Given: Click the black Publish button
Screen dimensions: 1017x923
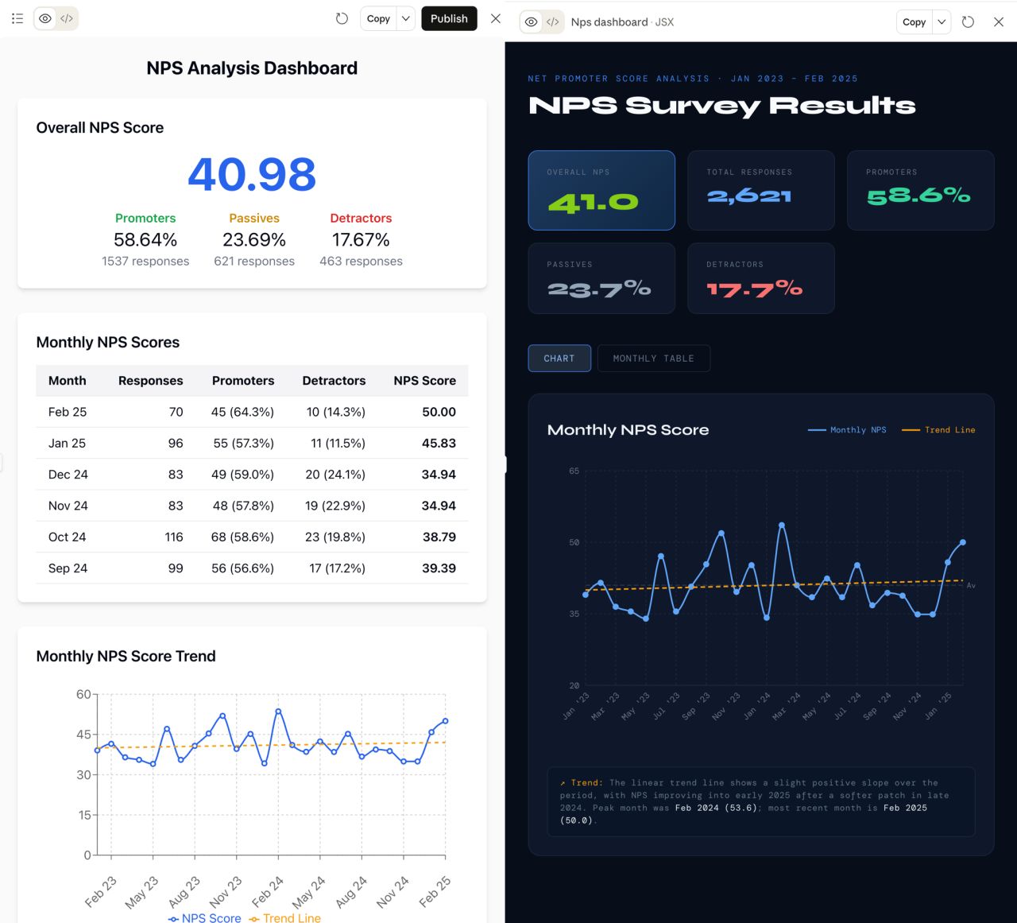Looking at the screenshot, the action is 449,19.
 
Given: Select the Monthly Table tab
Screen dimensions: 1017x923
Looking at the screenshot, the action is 653,359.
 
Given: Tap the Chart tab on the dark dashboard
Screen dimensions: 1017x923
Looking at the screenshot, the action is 559,359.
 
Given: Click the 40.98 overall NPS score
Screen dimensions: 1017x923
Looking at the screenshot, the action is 252,174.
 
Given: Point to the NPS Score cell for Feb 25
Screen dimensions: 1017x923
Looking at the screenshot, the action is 439,412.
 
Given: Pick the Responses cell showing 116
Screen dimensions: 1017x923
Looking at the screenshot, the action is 174,537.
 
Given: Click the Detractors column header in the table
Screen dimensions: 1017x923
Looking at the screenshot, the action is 334,381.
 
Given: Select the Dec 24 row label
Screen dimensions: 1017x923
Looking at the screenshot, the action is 68,475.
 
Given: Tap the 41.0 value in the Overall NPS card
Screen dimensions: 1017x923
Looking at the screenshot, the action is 594,203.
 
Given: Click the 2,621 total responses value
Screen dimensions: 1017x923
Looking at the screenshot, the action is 748,196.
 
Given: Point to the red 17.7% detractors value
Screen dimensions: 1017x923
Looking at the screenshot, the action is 754,289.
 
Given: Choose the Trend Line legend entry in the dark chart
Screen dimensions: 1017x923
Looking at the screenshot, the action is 938,430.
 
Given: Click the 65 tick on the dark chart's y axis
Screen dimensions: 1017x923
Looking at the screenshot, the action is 574,471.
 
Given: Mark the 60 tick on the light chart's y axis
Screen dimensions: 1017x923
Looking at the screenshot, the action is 83,694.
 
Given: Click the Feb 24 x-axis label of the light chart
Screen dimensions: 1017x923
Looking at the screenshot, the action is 268,892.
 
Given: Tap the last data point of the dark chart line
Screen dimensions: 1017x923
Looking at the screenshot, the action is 963,542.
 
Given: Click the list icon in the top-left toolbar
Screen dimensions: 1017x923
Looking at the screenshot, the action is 17,19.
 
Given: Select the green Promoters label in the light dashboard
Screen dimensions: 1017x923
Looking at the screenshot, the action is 145,218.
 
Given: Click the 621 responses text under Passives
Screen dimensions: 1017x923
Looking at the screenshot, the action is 254,261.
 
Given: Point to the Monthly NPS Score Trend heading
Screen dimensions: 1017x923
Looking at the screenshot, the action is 126,656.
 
